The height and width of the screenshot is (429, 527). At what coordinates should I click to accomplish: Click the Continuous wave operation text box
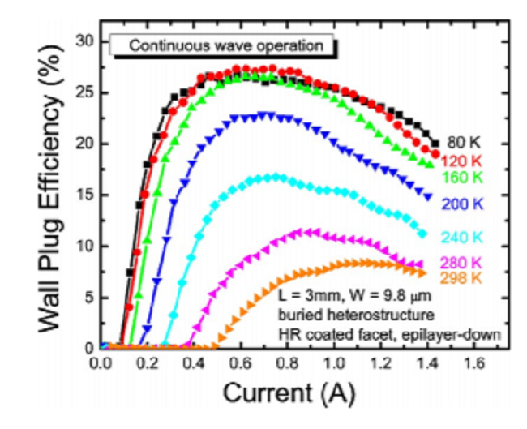pyautogui.click(x=224, y=45)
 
